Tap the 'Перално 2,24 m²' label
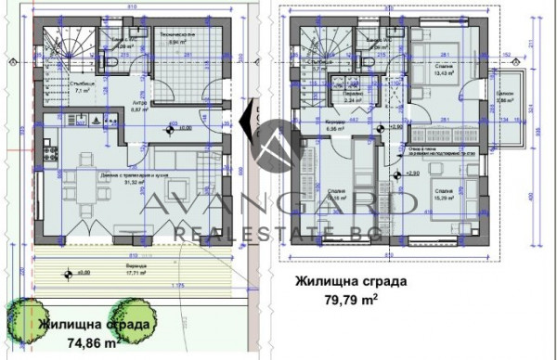[352, 96]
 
